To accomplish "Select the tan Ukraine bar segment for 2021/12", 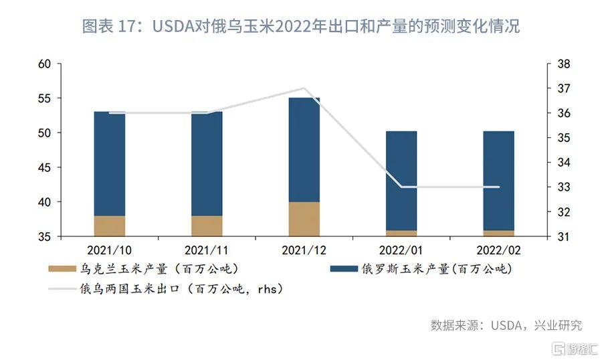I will [304, 219].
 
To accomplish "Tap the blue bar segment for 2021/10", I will [110, 163].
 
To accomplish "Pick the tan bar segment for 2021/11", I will [207, 226].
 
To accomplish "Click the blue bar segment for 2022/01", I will [401, 181].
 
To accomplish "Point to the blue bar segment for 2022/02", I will [499, 181].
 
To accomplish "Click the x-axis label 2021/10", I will [109, 250].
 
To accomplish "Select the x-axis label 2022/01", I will [401, 250].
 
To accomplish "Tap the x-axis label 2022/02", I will [498, 250].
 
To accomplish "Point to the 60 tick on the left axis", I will [45, 64].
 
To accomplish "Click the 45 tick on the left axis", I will [45, 167].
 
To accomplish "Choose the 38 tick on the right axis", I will [563, 64].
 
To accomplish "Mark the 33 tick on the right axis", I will [563, 187].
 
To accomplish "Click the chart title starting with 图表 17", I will [301, 27].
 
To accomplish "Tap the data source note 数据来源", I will [506, 325].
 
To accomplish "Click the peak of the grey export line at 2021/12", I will [304, 88].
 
